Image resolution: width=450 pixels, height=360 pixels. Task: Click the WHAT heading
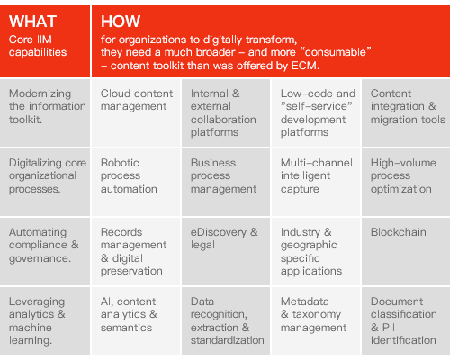(32, 22)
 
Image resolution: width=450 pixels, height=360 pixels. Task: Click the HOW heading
(121, 22)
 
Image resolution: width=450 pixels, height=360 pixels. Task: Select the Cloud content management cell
(136, 113)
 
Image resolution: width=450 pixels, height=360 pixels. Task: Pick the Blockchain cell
(406, 251)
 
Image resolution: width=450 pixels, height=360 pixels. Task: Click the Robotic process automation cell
(136, 182)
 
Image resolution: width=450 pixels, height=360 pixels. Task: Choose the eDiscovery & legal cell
(226, 251)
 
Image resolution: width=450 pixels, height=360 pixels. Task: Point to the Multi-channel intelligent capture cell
(316, 182)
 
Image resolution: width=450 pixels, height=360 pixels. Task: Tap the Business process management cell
(226, 182)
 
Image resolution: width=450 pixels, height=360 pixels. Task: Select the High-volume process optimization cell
(406, 182)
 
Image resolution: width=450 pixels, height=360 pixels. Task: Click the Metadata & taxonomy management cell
(316, 320)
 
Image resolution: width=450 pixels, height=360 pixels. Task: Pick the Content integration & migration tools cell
(406, 113)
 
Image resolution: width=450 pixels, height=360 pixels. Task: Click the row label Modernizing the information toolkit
(48, 106)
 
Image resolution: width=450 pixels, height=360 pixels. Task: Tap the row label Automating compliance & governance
(44, 245)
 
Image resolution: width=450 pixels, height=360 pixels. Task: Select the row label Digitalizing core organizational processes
(48, 175)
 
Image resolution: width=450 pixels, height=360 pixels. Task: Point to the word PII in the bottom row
(389, 328)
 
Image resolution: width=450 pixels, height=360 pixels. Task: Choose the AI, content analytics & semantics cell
(136, 320)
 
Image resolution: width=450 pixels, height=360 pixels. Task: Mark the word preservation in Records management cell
(131, 271)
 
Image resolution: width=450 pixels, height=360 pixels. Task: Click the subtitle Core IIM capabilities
(38, 46)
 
